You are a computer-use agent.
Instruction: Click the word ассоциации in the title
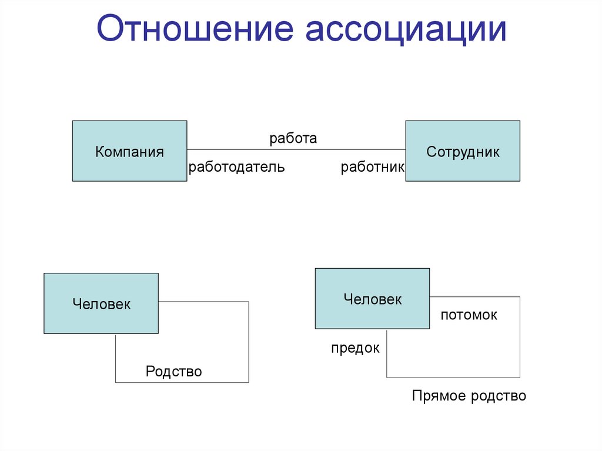coord(405,31)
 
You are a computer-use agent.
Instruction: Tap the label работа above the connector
coord(293,139)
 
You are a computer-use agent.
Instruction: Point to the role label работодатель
coord(236,168)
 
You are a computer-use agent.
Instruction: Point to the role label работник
coord(373,168)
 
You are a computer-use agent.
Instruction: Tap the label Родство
coord(174,372)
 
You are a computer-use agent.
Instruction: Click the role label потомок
coord(469,315)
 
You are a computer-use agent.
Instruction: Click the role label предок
coord(355,348)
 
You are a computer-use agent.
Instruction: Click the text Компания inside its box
coord(129,152)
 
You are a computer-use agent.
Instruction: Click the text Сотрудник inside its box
coord(463,152)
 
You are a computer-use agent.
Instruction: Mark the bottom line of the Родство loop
coord(182,382)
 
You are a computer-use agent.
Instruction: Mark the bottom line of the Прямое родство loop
coord(453,377)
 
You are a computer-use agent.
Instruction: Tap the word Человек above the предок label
coord(373,299)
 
